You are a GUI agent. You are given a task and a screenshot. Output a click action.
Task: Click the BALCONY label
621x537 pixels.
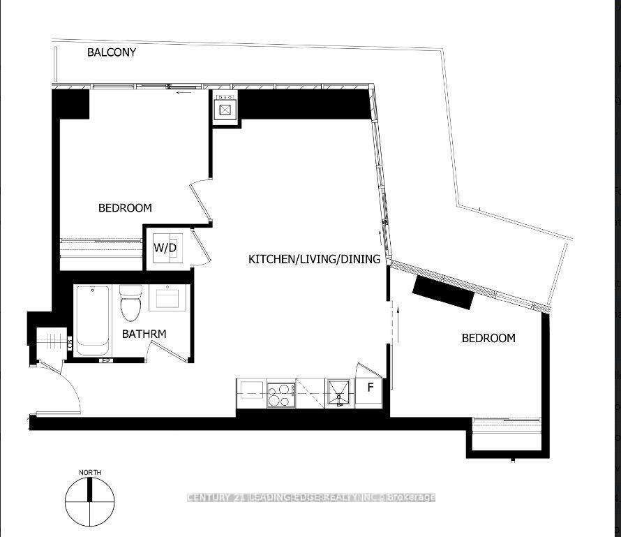coord(112,52)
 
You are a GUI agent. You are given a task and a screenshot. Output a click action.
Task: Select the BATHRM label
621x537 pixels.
coord(144,334)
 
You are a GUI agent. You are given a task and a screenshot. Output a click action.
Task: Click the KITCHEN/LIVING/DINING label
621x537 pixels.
coord(314,259)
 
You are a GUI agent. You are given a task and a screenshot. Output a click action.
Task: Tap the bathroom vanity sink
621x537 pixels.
coord(167,299)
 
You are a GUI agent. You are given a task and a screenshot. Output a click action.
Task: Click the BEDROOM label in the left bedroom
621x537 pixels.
coord(125,208)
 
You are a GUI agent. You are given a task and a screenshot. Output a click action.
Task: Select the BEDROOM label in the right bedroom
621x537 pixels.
coord(488,338)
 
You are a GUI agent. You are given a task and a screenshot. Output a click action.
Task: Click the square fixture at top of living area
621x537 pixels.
coord(225,109)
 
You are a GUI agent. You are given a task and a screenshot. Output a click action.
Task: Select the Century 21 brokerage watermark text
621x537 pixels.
coord(311,497)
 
